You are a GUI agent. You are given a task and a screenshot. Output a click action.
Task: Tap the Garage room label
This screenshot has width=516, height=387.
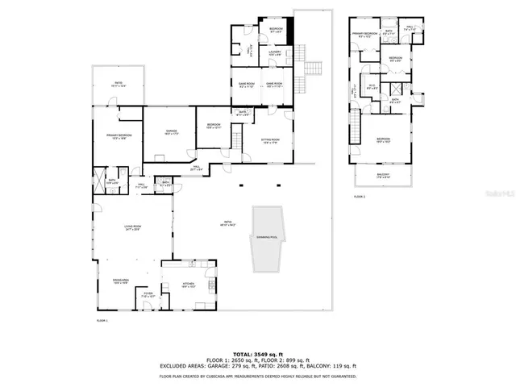coord(171,134)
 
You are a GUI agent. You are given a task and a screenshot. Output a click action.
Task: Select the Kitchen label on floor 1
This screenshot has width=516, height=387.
coord(188,285)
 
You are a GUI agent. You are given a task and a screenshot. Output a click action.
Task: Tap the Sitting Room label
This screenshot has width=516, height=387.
coord(270,143)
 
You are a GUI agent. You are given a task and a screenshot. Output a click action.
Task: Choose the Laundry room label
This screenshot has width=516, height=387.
coord(274,54)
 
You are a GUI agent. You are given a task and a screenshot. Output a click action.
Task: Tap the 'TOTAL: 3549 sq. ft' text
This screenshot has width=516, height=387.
coord(257,354)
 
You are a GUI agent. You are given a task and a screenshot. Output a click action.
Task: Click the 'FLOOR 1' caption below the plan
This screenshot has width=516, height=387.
coord(102,321)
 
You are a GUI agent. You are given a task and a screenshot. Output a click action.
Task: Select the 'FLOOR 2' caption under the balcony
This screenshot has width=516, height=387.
coord(359,196)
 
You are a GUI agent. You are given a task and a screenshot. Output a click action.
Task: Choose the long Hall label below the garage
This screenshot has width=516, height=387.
coord(196,170)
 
